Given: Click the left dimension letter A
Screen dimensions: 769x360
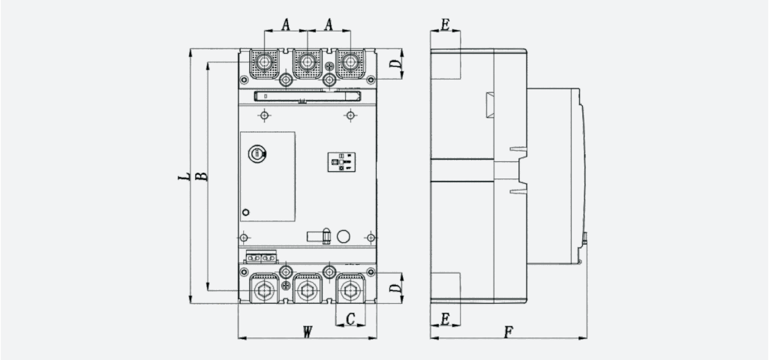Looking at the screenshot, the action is pyautogui.click(x=286, y=24).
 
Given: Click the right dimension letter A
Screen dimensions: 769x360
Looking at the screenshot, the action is pyautogui.click(x=329, y=24).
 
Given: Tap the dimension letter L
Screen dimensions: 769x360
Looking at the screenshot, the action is pyautogui.click(x=184, y=176).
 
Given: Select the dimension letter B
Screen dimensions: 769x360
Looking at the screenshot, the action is pyautogui.click(x=201, y=176).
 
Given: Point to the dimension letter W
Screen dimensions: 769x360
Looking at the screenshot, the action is pyautogui.click(x=307, y=332).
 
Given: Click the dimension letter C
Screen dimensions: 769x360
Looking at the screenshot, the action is pyautogui.click(x=350, y=319).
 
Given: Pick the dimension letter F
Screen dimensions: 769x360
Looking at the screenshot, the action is pyautogui.click(x=509, y=332).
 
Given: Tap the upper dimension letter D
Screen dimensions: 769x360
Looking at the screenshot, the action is pyautogui.click(x=396, y=64).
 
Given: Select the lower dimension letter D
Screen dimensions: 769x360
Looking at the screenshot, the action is pyautogui.click(x=396, y=288).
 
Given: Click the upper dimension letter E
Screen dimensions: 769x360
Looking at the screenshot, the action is pyautogui.click(x=445, y=25).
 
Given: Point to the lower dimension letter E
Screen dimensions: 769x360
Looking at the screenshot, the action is pyautogui.click(x=445, y=319).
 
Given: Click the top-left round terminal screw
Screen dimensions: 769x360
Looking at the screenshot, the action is pyautogui.click(x=264, y=62).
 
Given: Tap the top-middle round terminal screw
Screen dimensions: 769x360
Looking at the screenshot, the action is pyautogui.click(x=307, y=62).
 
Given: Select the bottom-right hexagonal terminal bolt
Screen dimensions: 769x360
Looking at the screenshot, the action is pyautogui.click(x=350, y=291).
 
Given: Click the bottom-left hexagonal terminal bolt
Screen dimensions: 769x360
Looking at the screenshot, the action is pyautogui.click(x=264, y=291).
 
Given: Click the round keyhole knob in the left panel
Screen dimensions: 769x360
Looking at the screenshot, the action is pyautogui.click(x=256, y=154).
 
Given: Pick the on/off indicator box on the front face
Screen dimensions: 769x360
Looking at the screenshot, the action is pyautogui.click(x=341, y=162).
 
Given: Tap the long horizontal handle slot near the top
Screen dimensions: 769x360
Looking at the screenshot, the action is pyautogui.click(x=308, y=96).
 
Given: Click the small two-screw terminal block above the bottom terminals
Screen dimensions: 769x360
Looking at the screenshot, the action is pyautogui.click(x=261, y=257).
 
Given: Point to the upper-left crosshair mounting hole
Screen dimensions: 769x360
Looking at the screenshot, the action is pyautogui.click(x=264, y=115).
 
